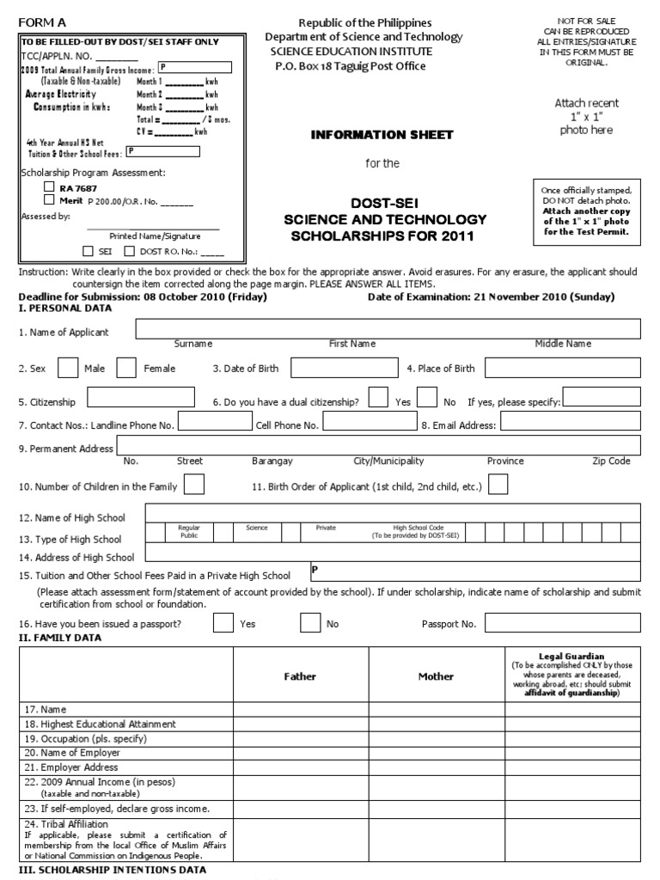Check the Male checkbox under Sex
coord(69,368)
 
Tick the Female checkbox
coord(126,368)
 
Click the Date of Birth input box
coord(338,368)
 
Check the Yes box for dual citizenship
coord(377,397)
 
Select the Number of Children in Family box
coord(194,485)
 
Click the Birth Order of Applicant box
coord(498,485)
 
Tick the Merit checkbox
coord(49,199)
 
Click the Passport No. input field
coord(562,623)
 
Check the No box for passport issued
coord(310,623)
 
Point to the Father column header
coord(301,676)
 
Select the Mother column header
coord(436,676)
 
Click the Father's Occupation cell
coord(301,738)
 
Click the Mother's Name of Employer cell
coord(436,753)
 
